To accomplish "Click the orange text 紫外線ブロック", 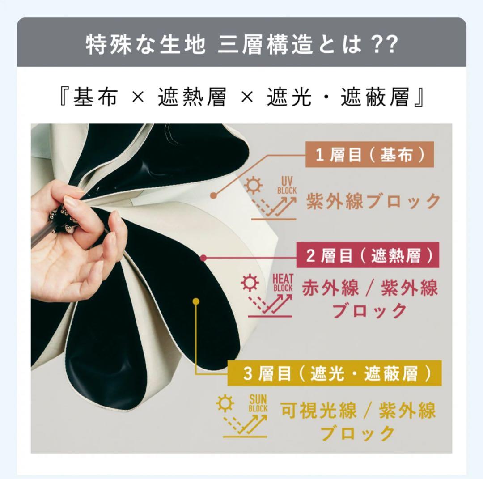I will tap(373, 201).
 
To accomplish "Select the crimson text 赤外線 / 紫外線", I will tap(369, 288).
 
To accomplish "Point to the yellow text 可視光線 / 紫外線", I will tap(358, 411).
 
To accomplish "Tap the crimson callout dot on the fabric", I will tap(203, 258).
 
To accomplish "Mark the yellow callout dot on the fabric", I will tap(195, 301).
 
